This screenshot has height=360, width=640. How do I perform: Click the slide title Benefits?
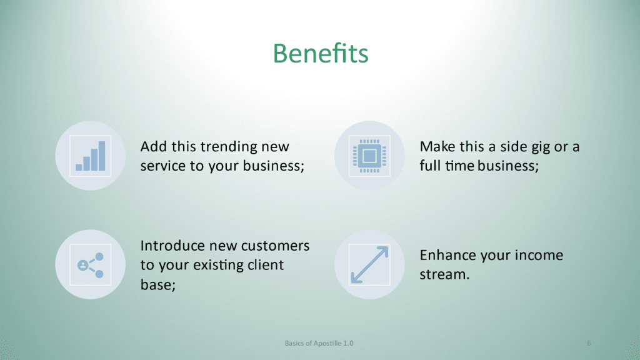coord(321,53)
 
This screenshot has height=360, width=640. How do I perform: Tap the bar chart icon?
coord(90,156)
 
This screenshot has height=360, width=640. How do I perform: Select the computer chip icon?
coord(369,156)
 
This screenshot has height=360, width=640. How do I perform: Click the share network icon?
coord(90,265)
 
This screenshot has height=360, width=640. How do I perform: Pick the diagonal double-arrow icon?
coord(369,265)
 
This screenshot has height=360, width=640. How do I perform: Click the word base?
coord(156,284)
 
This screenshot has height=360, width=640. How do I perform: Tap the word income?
coord(539,255)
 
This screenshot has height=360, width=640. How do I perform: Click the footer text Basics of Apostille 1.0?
coord(319,343)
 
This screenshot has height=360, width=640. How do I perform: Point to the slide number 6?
coord(589,343)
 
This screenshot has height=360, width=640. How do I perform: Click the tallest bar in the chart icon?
coord(102,156)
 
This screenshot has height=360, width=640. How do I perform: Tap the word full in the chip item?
coord(430,166)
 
